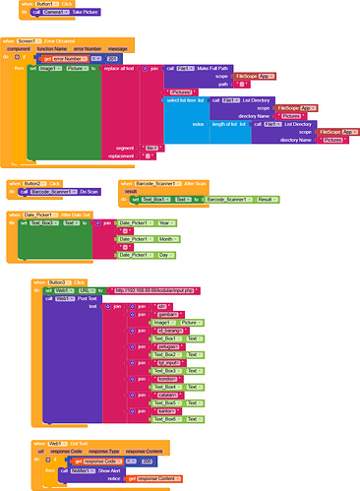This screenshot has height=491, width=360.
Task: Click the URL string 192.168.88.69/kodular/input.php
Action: (x=157, y=290)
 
